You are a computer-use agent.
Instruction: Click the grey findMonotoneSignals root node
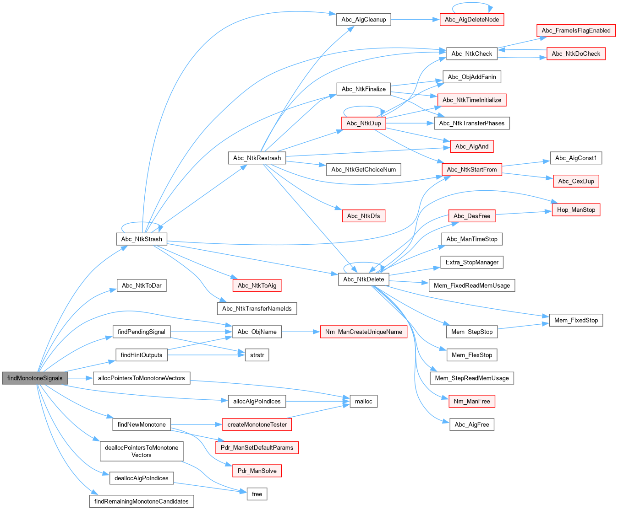tap(35, 378)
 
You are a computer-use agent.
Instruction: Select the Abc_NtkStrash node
tap(142, 239)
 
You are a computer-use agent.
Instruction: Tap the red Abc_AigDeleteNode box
tap(472, 20)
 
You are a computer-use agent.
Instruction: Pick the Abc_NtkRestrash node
tap(257, 158)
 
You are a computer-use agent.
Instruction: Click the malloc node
tap(364, 401)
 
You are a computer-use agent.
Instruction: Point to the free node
tap(257, 494)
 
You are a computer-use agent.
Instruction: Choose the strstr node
tap(257, 355)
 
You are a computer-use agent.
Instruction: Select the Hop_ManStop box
tap(576, 210)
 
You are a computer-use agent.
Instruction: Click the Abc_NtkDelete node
tap(364, 279)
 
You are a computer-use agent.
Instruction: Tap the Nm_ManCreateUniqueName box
tap(364, 332)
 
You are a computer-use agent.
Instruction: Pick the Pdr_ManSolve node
tap(257, 471)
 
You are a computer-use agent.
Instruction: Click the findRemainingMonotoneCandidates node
tap(142, 501)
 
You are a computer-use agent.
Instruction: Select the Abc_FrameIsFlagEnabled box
tap(576, 31)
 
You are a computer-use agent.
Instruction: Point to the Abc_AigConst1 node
tap(576, 158)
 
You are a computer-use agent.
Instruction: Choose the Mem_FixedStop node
tap(576, 320)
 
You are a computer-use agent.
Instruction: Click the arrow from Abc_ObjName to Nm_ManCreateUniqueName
tap(301, 332)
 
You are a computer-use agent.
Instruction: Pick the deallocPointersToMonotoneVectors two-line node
tap(142, 451)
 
